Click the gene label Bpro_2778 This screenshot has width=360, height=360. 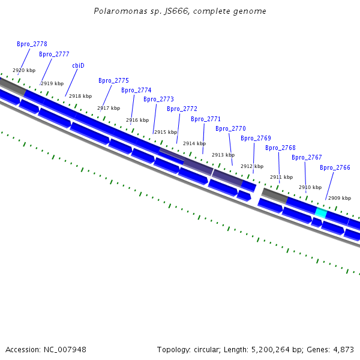pos(32,44)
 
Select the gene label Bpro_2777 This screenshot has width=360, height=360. pos(54,54)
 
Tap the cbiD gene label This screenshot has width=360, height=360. pos(78,65)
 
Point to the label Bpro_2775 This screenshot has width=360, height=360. pos(113,81)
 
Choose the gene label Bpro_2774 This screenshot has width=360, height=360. pos(136,91)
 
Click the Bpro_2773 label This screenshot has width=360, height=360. pos(158,100)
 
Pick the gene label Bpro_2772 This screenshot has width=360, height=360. pos(182,109)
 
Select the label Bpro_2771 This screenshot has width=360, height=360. pos(206,119)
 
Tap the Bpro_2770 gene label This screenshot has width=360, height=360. pos(230,128)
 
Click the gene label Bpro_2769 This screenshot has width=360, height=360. pos(256,138)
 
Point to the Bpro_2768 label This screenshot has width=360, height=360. pos(280,148)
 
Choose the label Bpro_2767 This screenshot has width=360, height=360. pos(307,157)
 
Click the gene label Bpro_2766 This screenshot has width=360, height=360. pos(335,168)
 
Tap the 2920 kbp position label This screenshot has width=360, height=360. pos(24,70)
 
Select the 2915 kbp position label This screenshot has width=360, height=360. pos(166,132)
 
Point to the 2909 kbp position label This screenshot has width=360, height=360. pos(340,198)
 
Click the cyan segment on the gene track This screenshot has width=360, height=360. pos(321,213)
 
